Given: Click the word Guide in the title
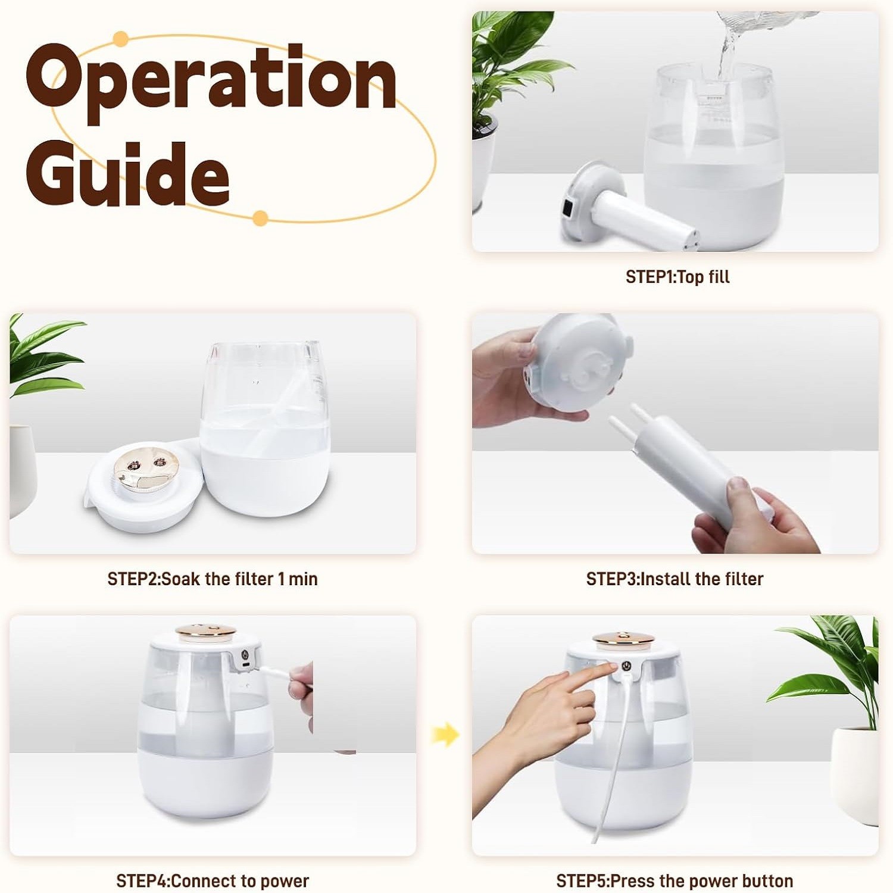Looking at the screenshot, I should tap(128, 173).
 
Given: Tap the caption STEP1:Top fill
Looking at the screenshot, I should tap(677, 277).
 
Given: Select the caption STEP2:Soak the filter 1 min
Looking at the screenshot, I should tap(213, 579).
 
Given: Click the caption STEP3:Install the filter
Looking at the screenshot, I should tap(675, 579).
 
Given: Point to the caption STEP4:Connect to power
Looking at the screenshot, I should tap(213, 880).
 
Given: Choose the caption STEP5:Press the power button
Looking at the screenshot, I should tap(675, 880).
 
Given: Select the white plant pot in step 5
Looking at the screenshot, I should tap(854, 774).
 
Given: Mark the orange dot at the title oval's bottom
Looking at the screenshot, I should tap(260, 218).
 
